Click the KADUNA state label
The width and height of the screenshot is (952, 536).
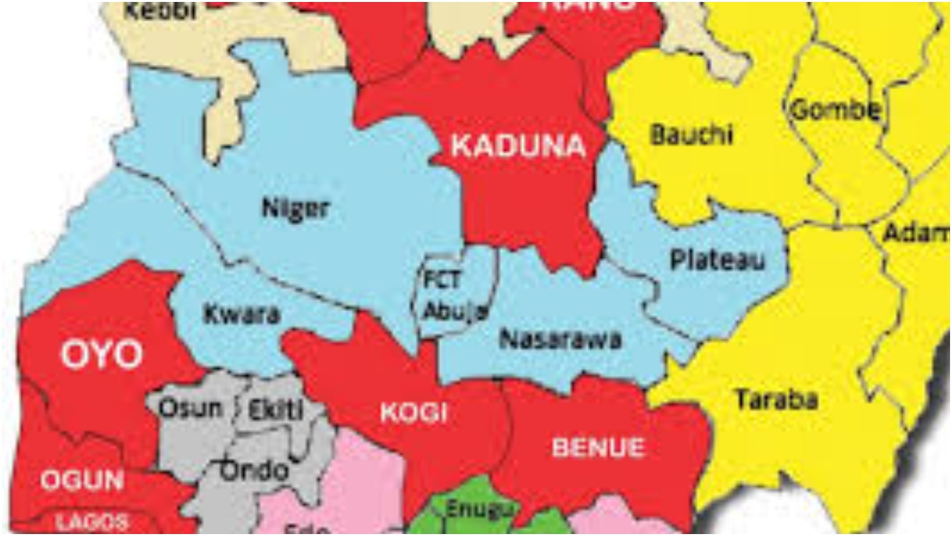519,146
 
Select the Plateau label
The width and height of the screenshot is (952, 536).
717,260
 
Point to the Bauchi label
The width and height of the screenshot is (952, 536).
691,134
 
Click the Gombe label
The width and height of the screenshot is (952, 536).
836,110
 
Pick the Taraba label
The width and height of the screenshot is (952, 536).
776,400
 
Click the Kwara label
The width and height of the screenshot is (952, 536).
242,315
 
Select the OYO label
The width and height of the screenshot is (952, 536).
101,355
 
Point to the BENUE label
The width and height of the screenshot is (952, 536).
597,448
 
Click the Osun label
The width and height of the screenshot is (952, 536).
189,408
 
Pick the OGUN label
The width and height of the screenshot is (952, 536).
82,480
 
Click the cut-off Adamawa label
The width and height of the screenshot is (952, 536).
916,233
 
